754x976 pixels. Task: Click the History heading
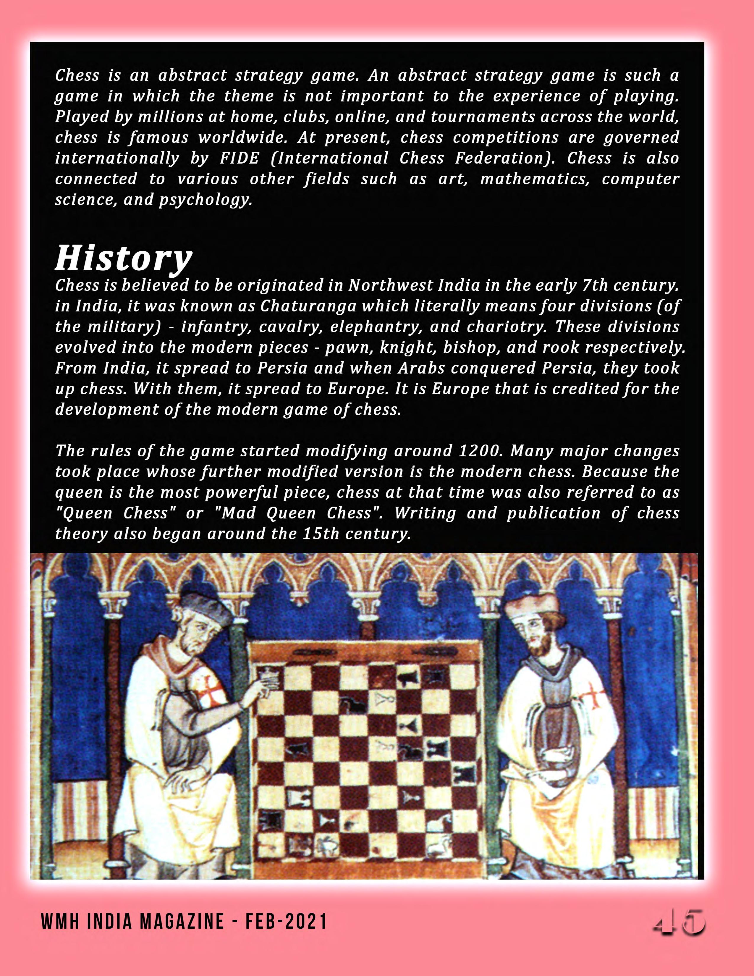(x=123, y=258)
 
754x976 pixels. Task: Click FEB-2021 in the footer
(x=286, y=922)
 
